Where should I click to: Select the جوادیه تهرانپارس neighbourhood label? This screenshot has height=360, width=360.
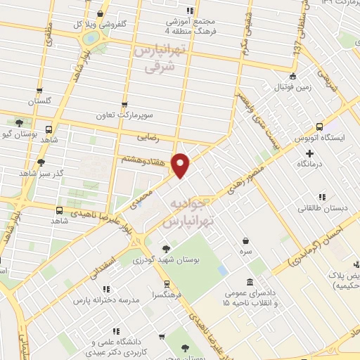point(187,212)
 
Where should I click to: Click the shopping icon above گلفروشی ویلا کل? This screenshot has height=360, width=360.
point(101,13)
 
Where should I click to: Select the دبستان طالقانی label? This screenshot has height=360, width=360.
point(320,208)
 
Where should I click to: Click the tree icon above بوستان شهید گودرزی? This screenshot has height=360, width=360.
point(166,249)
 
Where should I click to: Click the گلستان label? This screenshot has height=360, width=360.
point(39,102)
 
